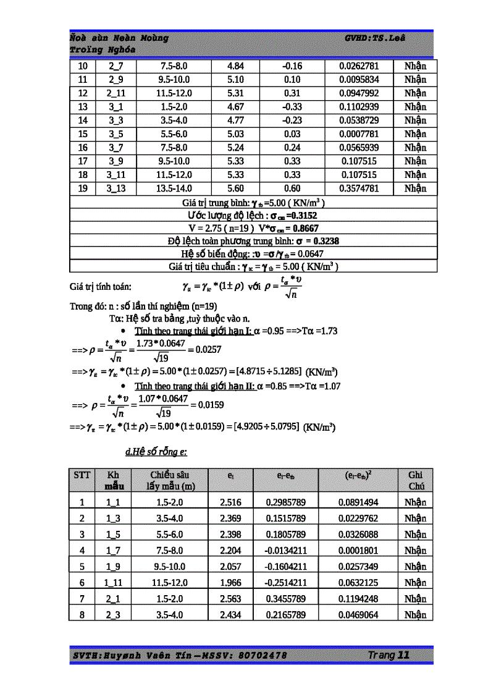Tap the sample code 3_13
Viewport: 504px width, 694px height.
pyautogui.click(x=115, y=188)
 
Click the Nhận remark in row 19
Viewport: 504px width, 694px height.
pyautogui.click(x=415, y=188)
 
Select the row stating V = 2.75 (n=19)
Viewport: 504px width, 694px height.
pyautogui.click(x=253, y=228)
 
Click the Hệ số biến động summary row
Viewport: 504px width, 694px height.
pyautogui.click(x=253, y=254)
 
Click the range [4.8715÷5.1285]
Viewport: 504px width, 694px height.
pyautogui.click(x=267, y=371)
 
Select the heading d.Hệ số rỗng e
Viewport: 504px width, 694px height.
pyautogui.click(x=156, y=452)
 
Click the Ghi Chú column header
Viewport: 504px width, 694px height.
pyautogui.click(x=415, y=480)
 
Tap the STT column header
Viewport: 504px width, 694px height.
pyautogui.click(x=82, y=475)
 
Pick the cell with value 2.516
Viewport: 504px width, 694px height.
pyautogui.click(x=230, y=502)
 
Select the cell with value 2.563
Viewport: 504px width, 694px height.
pyautogui.click(x=230, y=599)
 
